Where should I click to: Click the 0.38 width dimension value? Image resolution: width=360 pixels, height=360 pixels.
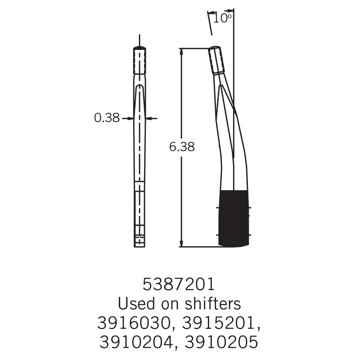[107, 118]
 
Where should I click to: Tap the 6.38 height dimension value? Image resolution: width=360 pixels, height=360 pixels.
[182, 147]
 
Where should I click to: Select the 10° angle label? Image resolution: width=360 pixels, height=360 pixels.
[222, 18]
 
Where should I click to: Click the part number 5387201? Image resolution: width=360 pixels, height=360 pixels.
[179, 284]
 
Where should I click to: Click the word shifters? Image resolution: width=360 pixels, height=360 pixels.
[213, 303]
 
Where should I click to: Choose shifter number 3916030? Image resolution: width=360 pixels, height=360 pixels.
[135, 323]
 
